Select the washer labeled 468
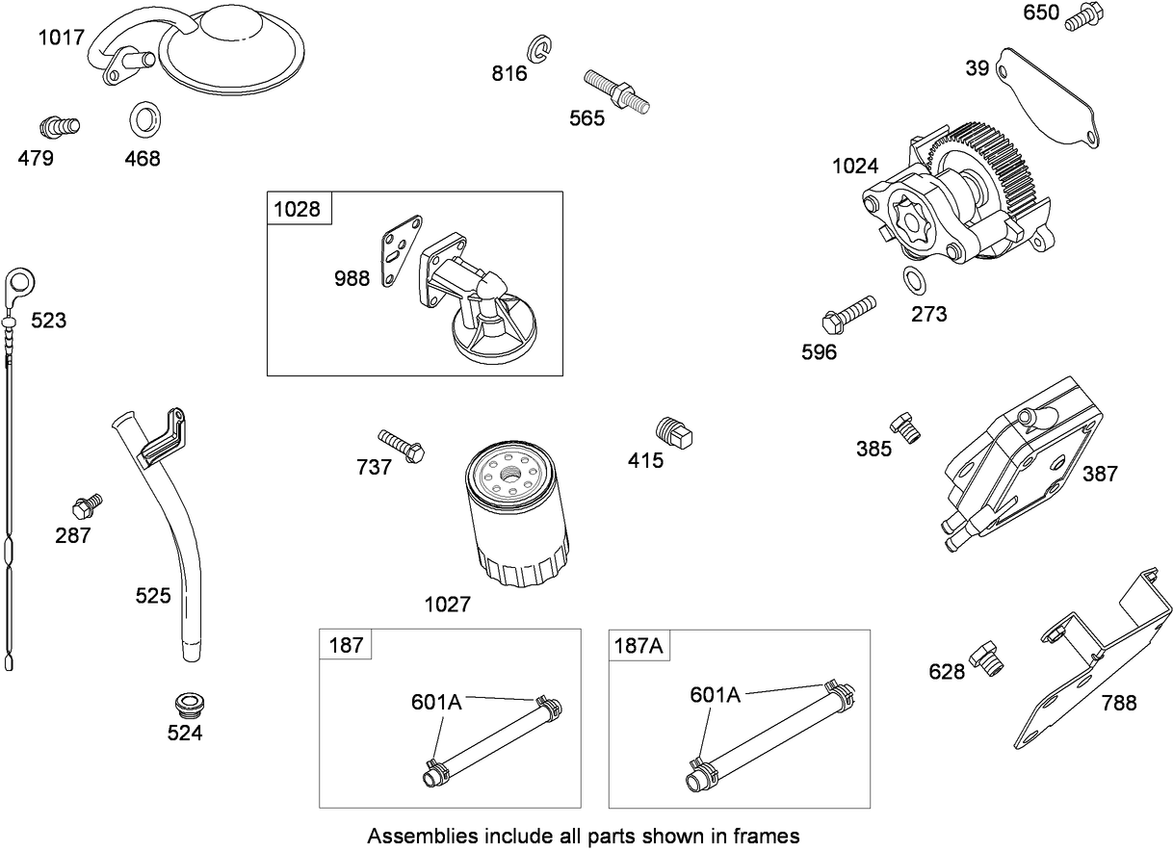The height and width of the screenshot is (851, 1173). [145, 119]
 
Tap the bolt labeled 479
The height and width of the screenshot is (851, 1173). [59, 125]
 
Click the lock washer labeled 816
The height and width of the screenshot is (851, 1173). [540, 48]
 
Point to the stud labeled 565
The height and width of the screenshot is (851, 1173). [616, 90]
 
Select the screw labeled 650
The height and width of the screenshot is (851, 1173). [1083, 16]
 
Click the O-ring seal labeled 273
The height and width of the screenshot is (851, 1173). [914, 281]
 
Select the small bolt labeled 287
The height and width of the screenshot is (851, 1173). [87, 504]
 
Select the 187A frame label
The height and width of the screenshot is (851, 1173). [639, 645]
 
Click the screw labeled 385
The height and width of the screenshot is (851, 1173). [904, 425]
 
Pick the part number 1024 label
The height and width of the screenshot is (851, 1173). [855, 167]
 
